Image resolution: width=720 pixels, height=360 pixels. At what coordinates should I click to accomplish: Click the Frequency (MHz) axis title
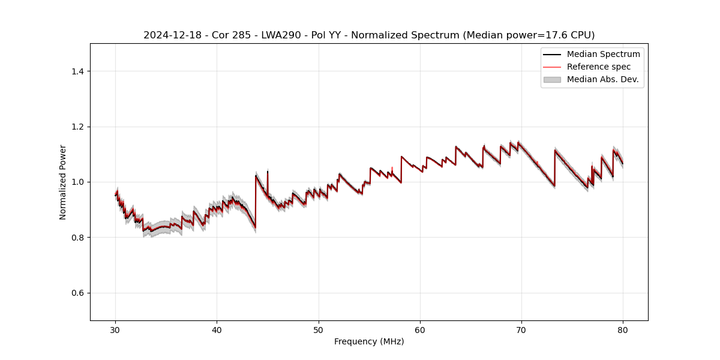pyautogui.click(x=369, y=341)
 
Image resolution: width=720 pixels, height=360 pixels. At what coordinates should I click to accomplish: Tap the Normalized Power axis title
pyautogui.click(x=63, y=182)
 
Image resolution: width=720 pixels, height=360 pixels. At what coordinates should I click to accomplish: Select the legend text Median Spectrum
pyautogui.click(x=603, y=54)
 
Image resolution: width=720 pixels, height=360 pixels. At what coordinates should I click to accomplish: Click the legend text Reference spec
pyautogui.click(x=598, y=67)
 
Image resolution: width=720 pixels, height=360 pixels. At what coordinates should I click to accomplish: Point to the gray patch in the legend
pyautogui.click(x=552, y=79)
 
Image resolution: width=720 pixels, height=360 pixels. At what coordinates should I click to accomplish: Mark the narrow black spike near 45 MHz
pyautogui.click(x=268, y=174)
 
